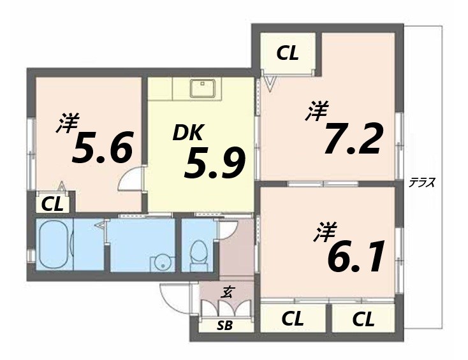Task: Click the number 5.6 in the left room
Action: [x=103, y=148]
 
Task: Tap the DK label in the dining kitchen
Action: [x=187, y=133]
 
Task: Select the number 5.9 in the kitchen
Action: [x=214, y=162]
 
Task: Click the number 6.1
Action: [x=356, y=256]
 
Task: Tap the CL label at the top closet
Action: [x=288, y=54]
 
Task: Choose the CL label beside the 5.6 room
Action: [x=52, y=204]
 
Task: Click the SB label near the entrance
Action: [x=224, y=326]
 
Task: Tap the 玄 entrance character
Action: [x=227, y=293]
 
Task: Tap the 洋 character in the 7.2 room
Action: [x=316, y=112]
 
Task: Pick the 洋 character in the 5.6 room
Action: [x=67, y=123]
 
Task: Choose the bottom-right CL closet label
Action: [x=362, y=319]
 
